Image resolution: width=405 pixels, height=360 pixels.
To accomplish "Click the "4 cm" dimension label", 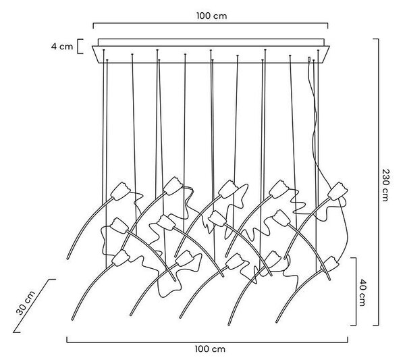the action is (62, 47).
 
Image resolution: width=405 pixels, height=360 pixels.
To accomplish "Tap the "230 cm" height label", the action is (385, 185).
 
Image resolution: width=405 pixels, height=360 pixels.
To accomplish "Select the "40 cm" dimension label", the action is (362, 292).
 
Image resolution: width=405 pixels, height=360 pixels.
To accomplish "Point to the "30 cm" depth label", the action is (26, 303).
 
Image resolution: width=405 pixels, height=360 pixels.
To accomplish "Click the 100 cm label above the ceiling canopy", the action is (211, 16).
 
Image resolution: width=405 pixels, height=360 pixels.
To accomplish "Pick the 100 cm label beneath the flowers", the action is (210, 349).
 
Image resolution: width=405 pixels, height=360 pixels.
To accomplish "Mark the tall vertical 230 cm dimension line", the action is (379, 182).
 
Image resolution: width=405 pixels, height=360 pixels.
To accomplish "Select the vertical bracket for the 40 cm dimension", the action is (356, 292).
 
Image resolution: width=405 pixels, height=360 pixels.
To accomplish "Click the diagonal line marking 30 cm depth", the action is (34, 306).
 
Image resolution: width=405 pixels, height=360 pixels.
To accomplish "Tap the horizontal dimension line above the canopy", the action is (211, 24).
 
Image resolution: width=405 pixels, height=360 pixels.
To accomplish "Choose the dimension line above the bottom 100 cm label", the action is (207, 342).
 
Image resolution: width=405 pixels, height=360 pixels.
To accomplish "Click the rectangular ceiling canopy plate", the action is (211, 51).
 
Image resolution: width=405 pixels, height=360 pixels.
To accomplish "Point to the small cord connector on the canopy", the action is (309, 59).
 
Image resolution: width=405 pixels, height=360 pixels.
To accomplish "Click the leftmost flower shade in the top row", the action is (120, 191).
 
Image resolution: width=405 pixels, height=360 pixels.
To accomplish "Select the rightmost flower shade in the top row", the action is (337, 191).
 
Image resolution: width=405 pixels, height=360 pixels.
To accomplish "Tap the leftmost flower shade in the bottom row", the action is (121, 258).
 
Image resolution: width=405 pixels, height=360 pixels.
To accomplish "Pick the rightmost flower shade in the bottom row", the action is (329, 264).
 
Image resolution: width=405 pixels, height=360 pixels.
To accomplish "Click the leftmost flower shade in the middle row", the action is (119, 226).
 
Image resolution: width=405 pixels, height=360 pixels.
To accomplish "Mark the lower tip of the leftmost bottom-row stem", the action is (72, 319).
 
